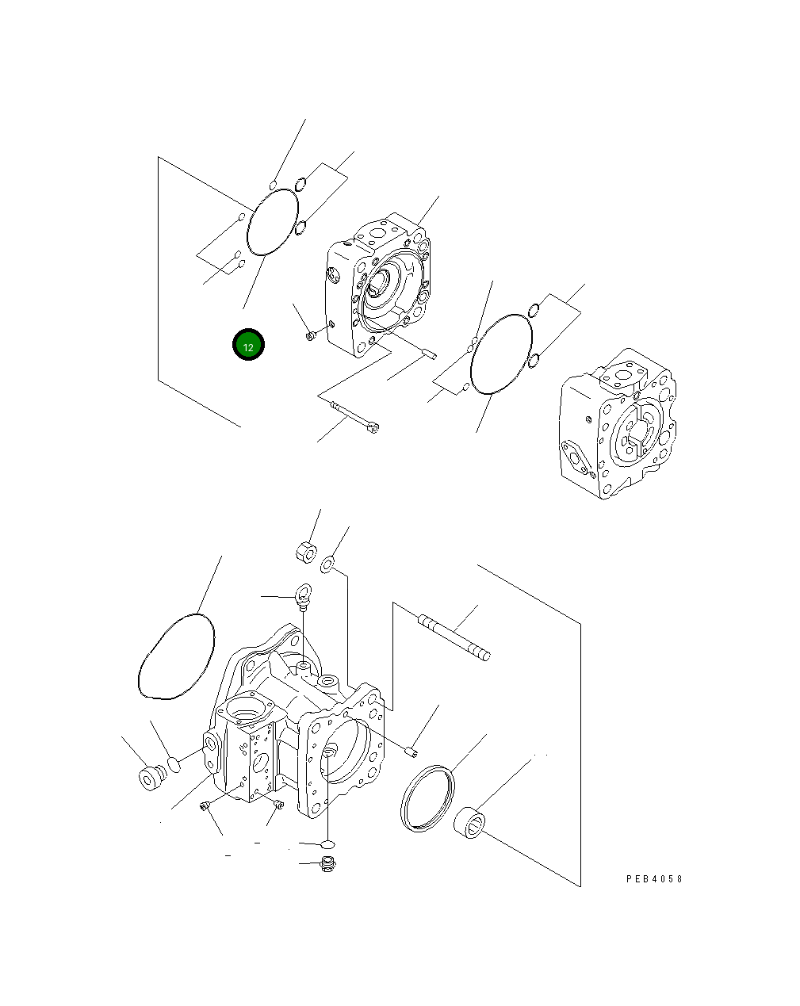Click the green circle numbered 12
click(x=248, y=345)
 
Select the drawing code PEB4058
click(x=653, y=879)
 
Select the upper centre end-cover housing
click(x=378, y=287)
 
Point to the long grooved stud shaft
click(x=454, y=637)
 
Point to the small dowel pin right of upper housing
click(x=428, y=354)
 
